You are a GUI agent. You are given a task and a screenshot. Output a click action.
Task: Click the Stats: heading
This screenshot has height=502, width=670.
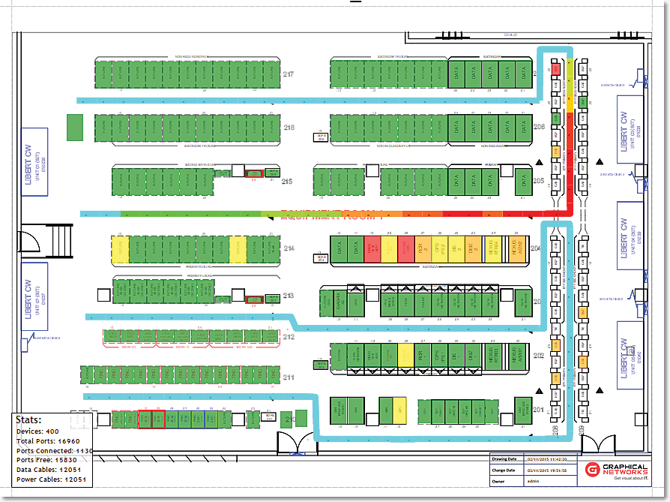click(28, 420)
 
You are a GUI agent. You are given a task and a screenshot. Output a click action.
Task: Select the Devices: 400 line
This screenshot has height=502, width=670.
click(37, 431)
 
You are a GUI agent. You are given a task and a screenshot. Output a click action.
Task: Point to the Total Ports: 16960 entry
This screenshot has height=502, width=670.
click(48, 441)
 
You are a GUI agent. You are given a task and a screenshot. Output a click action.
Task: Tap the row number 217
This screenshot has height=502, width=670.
click(289, 74)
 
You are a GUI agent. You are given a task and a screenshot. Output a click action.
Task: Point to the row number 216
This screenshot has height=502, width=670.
click(289, 128)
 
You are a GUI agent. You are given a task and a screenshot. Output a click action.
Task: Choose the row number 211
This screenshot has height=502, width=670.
click(289, 377)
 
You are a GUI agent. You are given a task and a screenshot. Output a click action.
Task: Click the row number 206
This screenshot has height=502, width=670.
click(538, 128)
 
